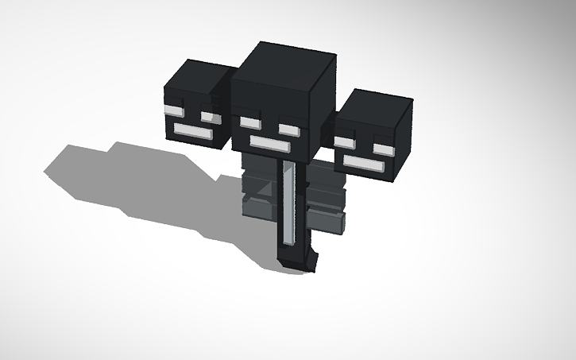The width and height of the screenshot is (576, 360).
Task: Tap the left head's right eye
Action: coord(210,116)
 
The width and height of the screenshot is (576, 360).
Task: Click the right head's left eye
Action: coord(343,142)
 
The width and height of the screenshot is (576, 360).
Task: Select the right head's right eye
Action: coord(384,149)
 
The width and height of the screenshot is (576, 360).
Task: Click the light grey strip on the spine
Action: coord(289,203)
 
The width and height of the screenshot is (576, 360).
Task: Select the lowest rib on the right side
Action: coord(328,221)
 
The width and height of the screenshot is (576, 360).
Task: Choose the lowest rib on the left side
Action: coord(259,208)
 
